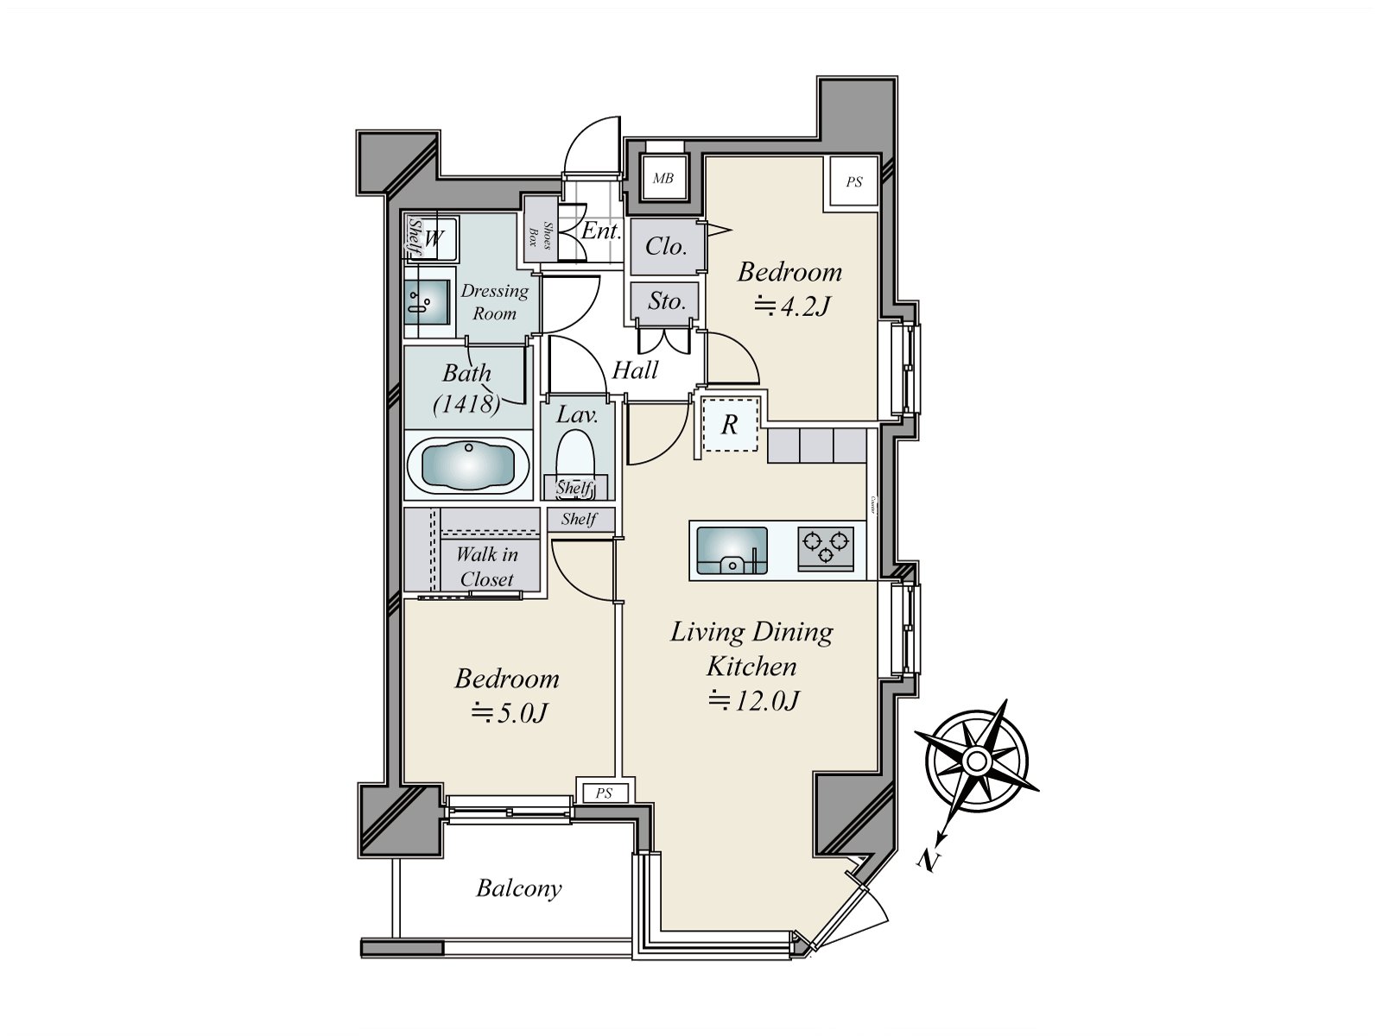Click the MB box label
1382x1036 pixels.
(662, 179)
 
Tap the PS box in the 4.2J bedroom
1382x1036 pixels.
(853, 182)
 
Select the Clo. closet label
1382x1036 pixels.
(666, 247)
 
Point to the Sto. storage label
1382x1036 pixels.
(666, 301)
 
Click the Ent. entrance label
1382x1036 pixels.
(600, 231)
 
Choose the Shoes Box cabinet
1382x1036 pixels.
(540, 234)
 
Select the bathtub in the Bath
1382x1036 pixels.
(467, 466)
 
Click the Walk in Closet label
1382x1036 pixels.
(486, 566)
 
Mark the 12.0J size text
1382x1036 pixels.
(753, 701)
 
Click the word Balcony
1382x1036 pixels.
(519, 888)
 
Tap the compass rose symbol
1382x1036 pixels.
(976, 761)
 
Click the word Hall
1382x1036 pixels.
(635, 370)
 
